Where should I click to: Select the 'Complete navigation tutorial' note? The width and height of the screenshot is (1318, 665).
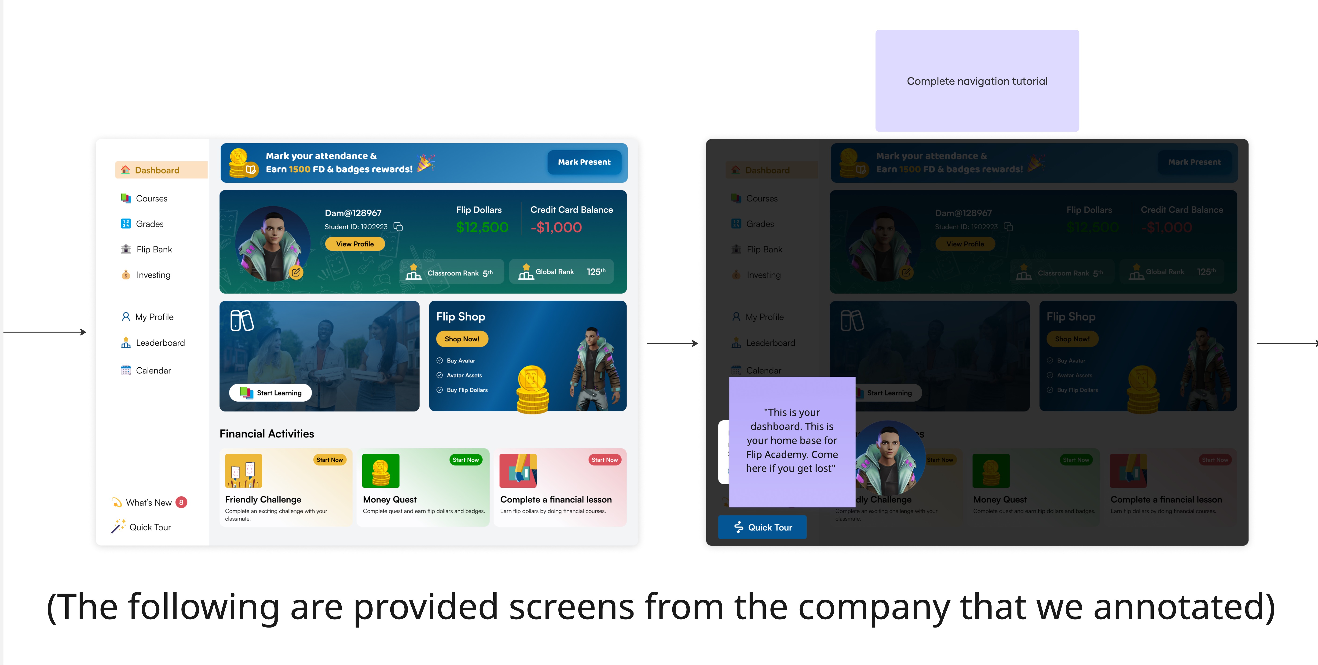click(977, 81)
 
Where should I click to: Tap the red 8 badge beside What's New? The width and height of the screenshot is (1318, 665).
click(181, 502)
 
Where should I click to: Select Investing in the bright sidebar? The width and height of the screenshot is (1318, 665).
click(153, 275)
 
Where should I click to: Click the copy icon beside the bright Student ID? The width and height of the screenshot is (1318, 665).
click(398, 227)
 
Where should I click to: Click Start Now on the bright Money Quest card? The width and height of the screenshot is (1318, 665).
click(466, 460)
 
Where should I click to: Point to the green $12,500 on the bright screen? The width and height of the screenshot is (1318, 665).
click(482, 227)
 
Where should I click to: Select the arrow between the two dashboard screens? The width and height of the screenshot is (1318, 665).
click(672, 343)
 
